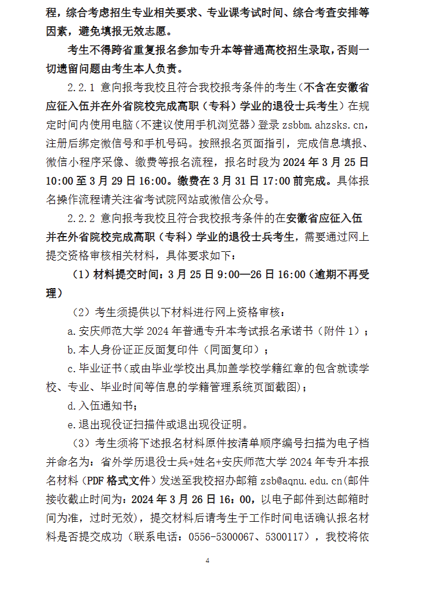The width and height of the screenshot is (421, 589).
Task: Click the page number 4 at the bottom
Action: point(208,561)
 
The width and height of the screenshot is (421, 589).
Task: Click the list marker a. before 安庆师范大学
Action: point(71,331)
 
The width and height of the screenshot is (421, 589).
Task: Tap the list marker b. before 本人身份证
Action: point(71,350)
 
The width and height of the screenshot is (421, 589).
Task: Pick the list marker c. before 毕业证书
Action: point(71,369)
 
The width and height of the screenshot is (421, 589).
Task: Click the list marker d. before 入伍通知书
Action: point(71,406)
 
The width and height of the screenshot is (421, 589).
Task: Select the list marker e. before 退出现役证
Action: point(71,424)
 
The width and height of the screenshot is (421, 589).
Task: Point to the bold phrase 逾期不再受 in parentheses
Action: point(341,275)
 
